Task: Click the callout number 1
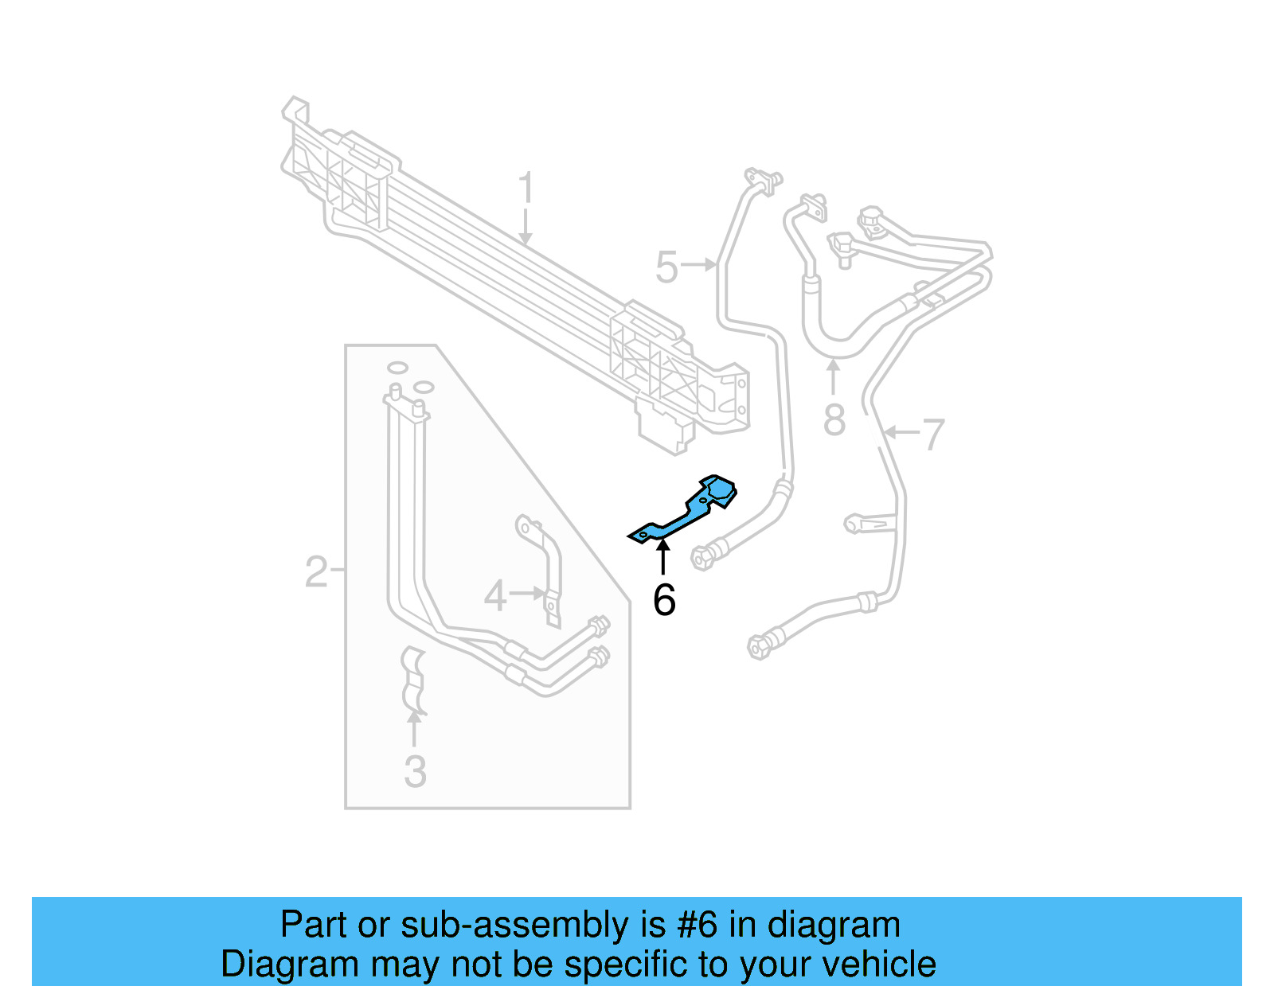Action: tap(525, 189)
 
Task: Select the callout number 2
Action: tap(316, 571)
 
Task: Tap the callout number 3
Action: tap(415, 771)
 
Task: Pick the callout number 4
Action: tap(495, 596)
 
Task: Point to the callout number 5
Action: tap(666, 267)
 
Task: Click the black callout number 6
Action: tap(664, 600)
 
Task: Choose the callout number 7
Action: tap(932, 435)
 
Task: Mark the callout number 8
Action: tap(834, 420)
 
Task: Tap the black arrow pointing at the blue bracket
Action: tap(662, 555)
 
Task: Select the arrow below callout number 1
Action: tap(525, 227)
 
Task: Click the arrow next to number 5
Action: tap(701, 264)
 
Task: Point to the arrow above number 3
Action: tap(414, 728)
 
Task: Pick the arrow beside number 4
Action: tap(528, 593)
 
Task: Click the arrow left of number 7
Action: tap(901, 433)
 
